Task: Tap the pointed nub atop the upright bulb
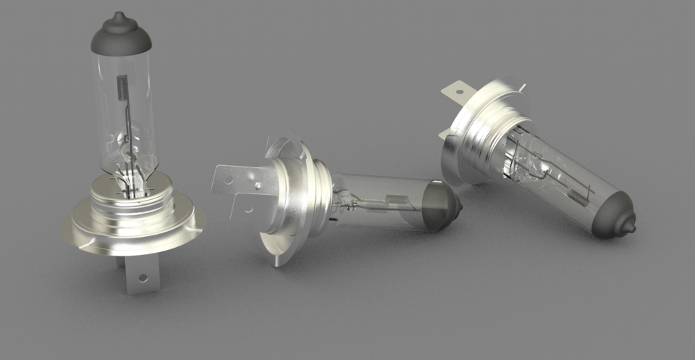119,16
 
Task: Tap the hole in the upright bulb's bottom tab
143,277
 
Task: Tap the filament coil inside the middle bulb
396,200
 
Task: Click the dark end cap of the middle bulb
443,206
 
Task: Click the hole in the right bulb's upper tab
458,91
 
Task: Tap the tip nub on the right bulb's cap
631,227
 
